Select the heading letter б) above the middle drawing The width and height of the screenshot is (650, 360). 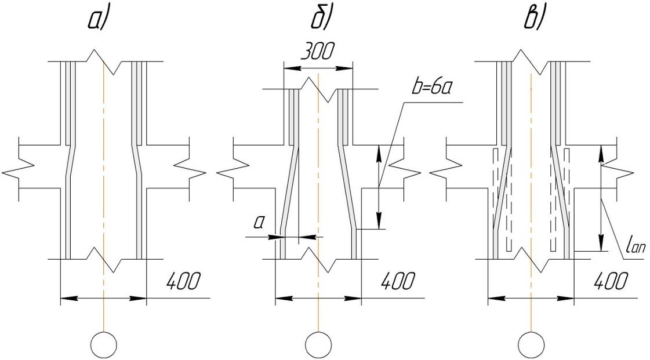click(322, 19)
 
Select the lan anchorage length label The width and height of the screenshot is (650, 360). click(635, 247)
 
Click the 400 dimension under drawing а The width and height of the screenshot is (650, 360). click(183, 281)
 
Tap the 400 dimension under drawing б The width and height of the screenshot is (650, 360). click(398, 281)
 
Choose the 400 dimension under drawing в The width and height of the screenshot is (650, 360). click(611, 281)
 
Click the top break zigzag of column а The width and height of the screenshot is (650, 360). click(104, 61)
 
